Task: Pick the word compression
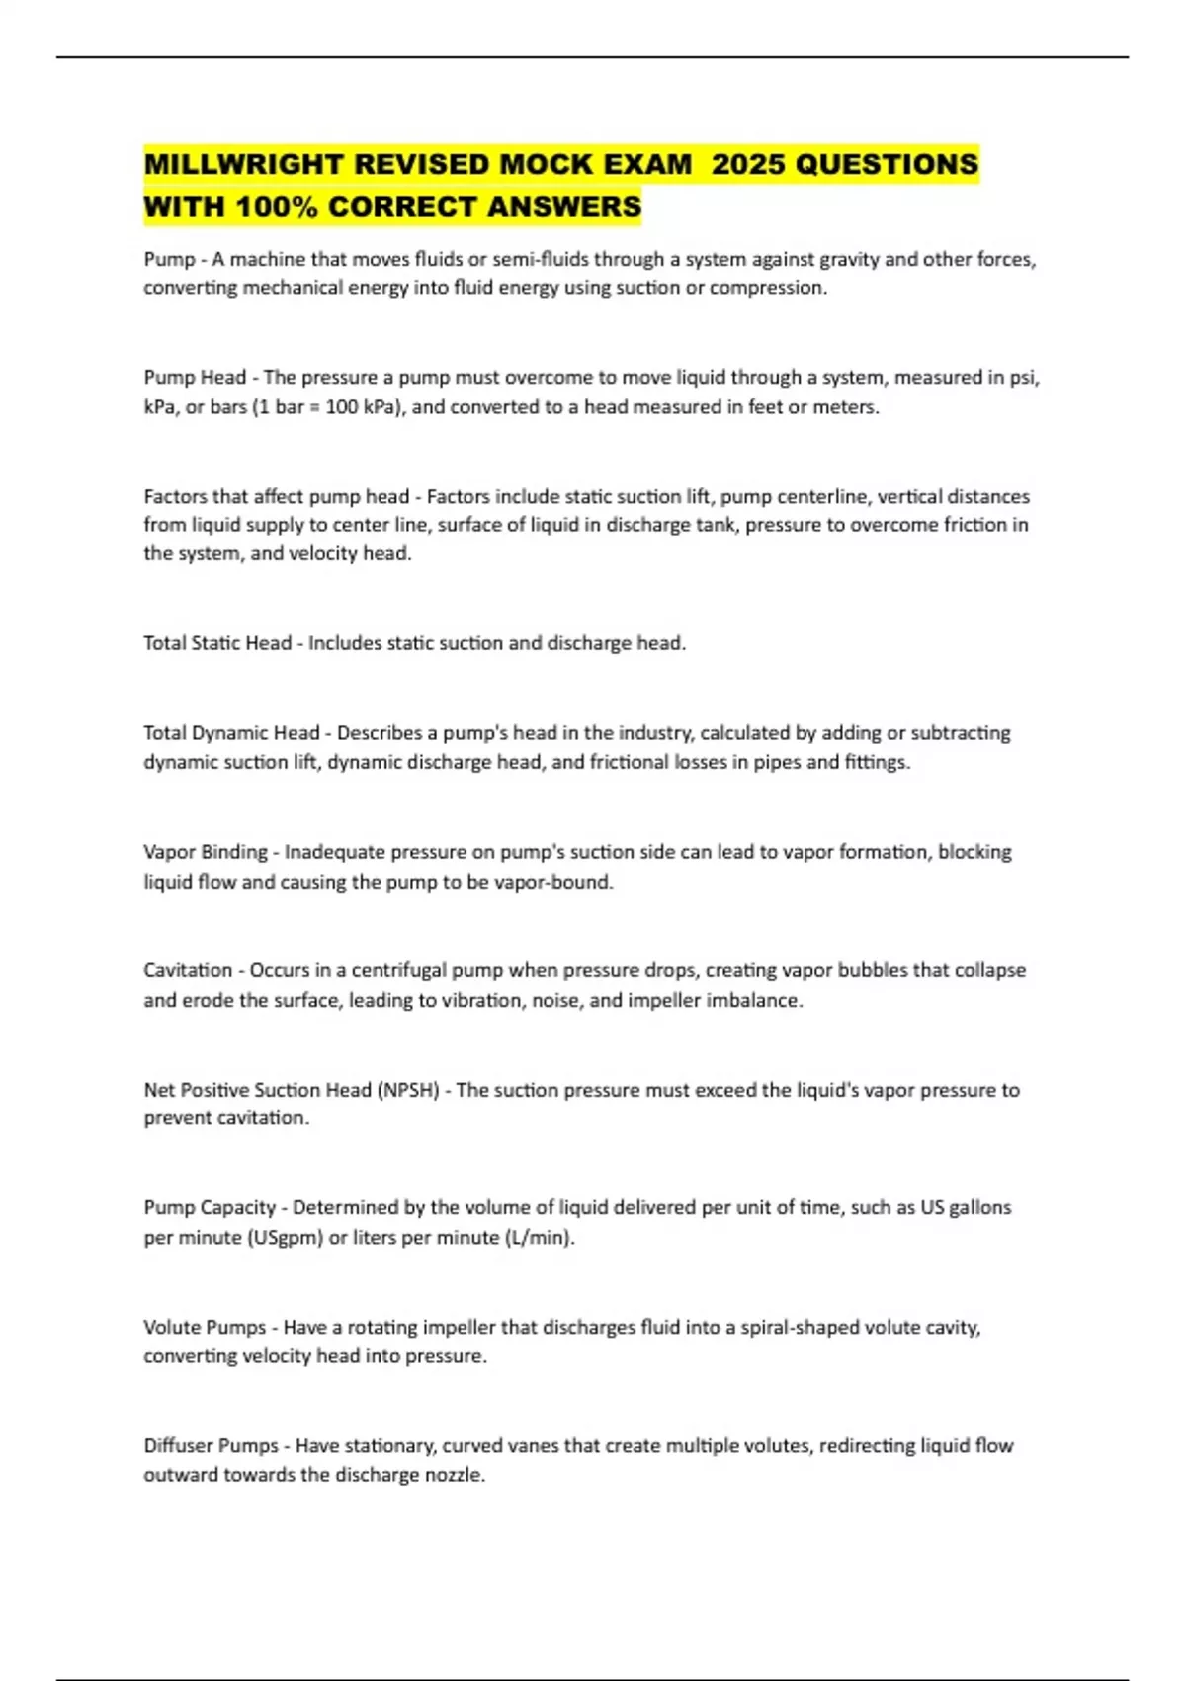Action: (x=767, y=288)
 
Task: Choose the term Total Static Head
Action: (x=217, y=643)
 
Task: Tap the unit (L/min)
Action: (x=540, y=1237)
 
